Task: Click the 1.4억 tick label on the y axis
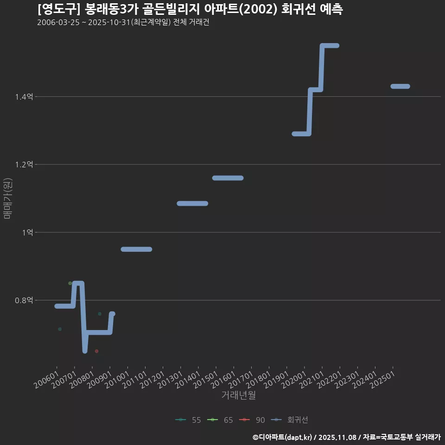pyautogui.click(x=24, y=97)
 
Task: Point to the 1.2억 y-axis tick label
pyautogui.click(x=24, y=164)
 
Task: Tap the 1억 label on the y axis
pyautogui.click(x=27, y=232)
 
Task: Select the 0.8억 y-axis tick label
pyautogui.click(x=24, y=300)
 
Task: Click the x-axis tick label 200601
pyautogui.click(x=46, y=380)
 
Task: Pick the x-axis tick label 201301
pyautogui.click(x=170, y=380)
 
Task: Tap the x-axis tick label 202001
pyautogui.click(x=294, y=380)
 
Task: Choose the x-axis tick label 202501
pyautogui.click(x=382, y=380)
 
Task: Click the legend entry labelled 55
pyautogui.click(x=188, y=420)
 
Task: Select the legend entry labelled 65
pyautogui.click(x=220, y=420)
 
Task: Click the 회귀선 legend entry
pyautogui.click(x=289, y=420)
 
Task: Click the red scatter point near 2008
pyautogui.click(x=96, y=351)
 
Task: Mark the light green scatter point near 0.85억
pyautogui.click(x=70, y=283)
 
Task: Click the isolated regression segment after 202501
pyautogui.click(x=400, y=86)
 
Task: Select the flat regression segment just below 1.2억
pyautogui.click(x=228, y=178)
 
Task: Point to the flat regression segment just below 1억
pyautogui.click(x=136, y=249)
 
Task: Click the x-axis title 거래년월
pyautogui.click(x=238, y=395)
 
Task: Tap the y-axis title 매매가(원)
pyautogui.click(x=7, y=198)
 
